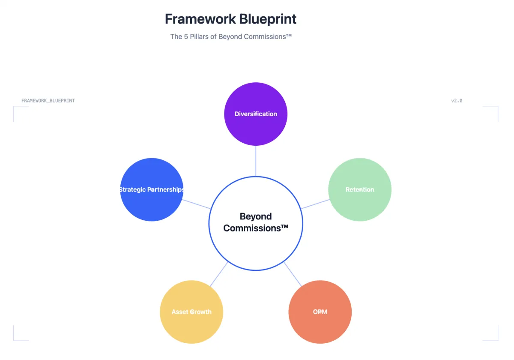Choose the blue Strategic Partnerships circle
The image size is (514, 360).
152,204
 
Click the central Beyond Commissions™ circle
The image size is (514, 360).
256,249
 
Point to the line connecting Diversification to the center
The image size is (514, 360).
256,161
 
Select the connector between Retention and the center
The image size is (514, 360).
315,204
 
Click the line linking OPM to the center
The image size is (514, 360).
293,274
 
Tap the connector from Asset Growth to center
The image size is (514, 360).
219,274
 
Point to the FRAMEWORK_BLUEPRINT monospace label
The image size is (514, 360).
48,101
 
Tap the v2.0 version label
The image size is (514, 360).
457,101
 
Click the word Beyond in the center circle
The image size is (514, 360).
256,216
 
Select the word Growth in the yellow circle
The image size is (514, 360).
200,312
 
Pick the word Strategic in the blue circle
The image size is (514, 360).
132,189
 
